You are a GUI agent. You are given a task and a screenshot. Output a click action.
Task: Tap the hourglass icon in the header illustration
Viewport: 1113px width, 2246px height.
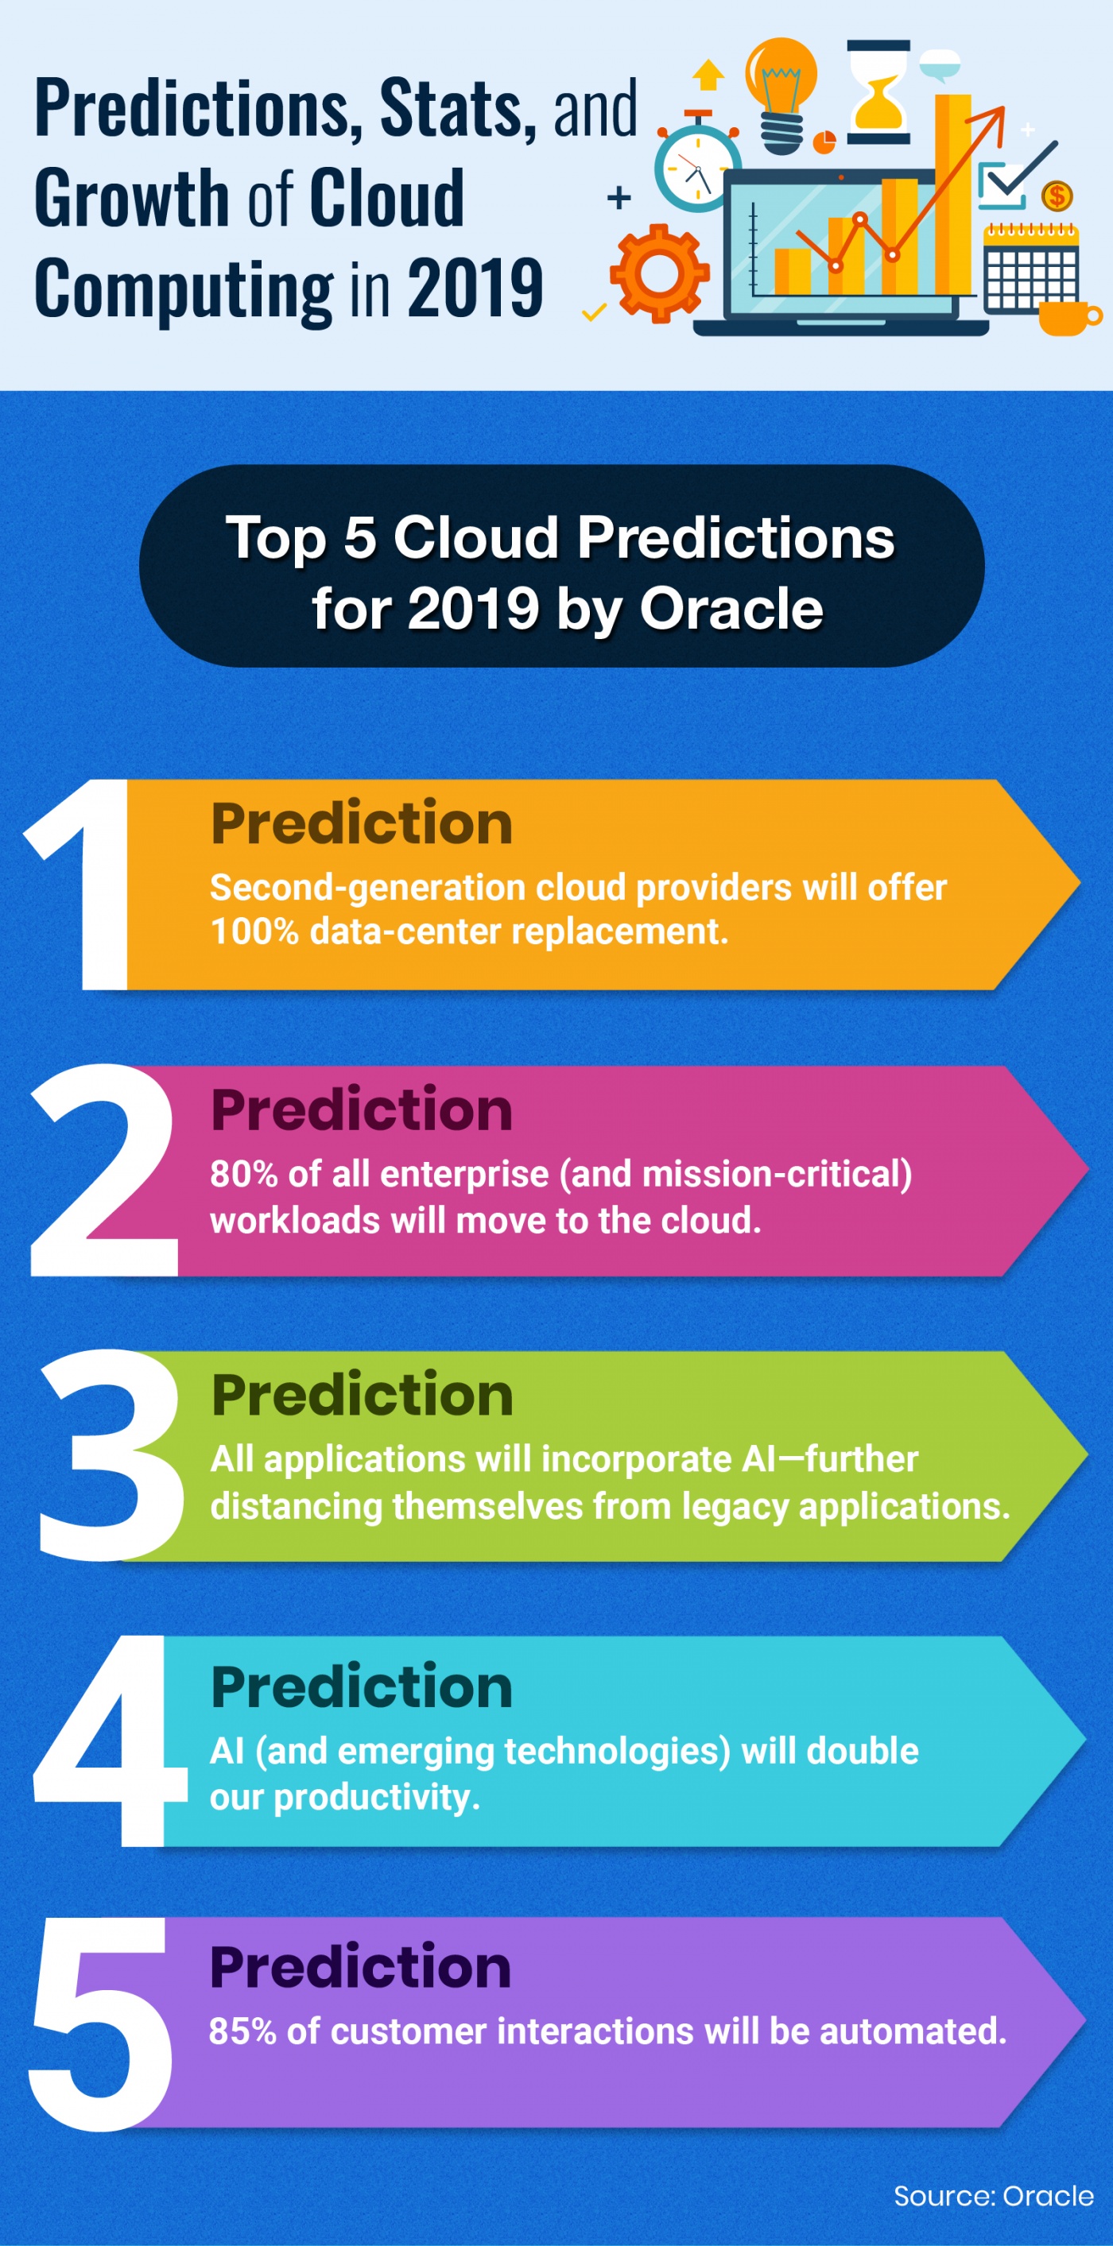(x=878, y=91)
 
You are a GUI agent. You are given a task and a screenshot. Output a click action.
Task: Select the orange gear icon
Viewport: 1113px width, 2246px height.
(x=659, y=273)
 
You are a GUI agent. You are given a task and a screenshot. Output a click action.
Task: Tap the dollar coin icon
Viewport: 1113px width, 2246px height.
(x=1057, y=196)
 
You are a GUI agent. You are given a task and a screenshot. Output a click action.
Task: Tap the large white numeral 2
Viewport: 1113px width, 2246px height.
(x=103, y=1171)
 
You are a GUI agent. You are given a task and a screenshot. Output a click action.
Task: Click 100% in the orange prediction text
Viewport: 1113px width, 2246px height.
(x=254, y=932)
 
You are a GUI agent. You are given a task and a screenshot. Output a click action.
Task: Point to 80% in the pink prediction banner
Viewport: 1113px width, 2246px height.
(x=243, y=1175)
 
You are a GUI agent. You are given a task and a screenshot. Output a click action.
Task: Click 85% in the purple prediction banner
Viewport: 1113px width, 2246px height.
(x=242, y=2031)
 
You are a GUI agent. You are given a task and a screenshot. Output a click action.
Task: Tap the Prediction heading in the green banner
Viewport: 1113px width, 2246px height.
(x=362, y=1394)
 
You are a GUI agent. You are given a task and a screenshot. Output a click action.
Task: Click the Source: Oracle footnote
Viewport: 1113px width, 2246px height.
(x=993, y=2195)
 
